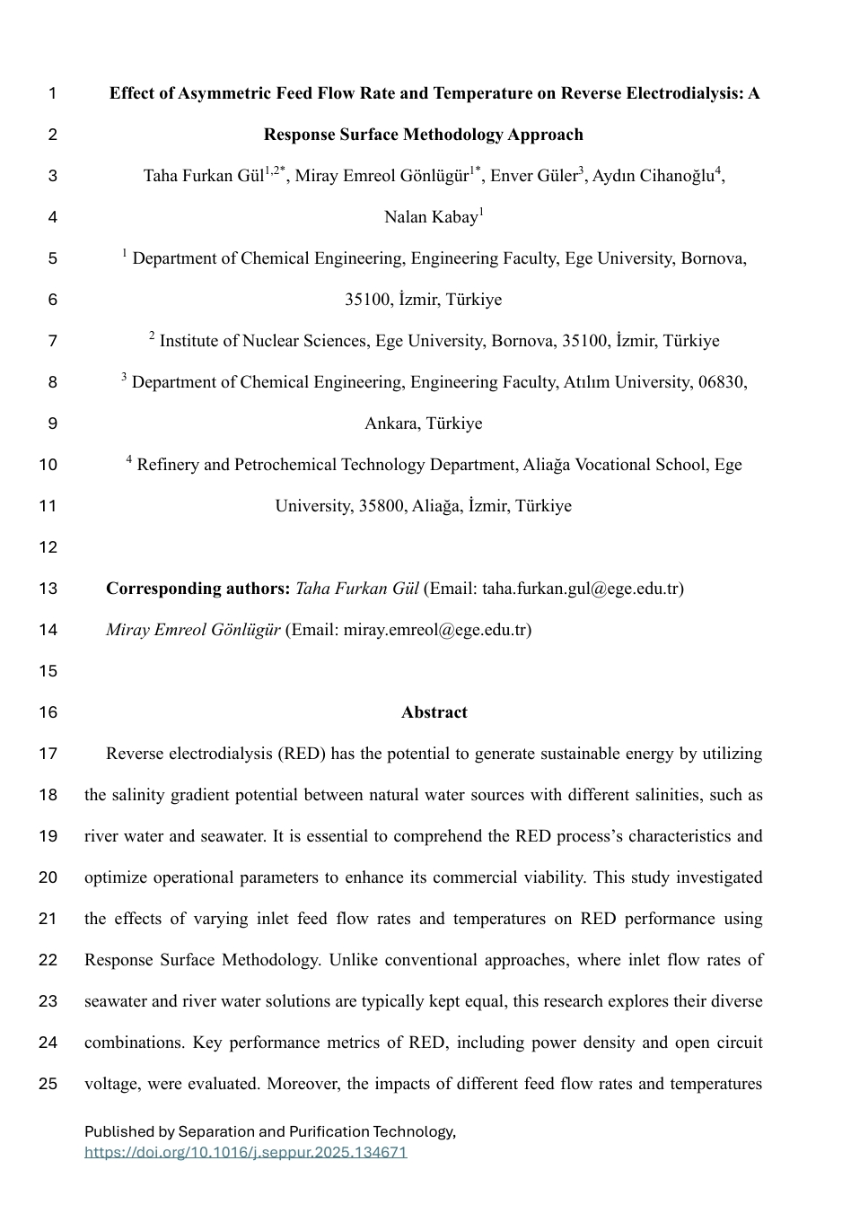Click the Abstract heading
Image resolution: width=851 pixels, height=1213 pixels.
(434, 712)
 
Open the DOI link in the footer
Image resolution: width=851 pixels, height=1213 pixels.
(246, 1152)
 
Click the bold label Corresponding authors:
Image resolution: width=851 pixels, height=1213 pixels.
(197, 589)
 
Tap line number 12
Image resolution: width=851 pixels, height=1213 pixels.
(48, 547)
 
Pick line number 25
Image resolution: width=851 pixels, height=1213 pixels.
(48, 1084)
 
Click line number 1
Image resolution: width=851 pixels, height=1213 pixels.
(52, 93)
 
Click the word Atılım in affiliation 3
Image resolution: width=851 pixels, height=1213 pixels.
(592, 382)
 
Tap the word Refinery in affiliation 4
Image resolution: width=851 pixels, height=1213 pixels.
(168, 465)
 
